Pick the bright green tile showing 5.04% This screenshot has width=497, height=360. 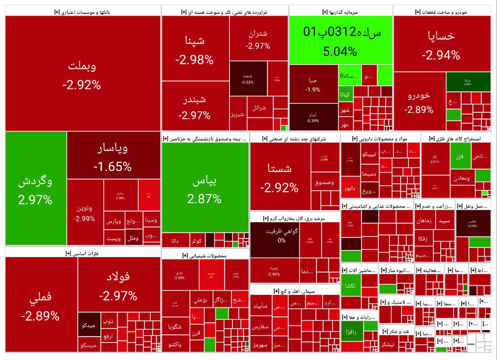click(x=340, y=40)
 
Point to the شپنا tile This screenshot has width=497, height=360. click(x=195, y=49)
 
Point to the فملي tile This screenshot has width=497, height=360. click(x=41, y=305)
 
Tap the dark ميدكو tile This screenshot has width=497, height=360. click(x=89, y=325)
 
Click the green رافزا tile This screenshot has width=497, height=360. click(x=351, y=332)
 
